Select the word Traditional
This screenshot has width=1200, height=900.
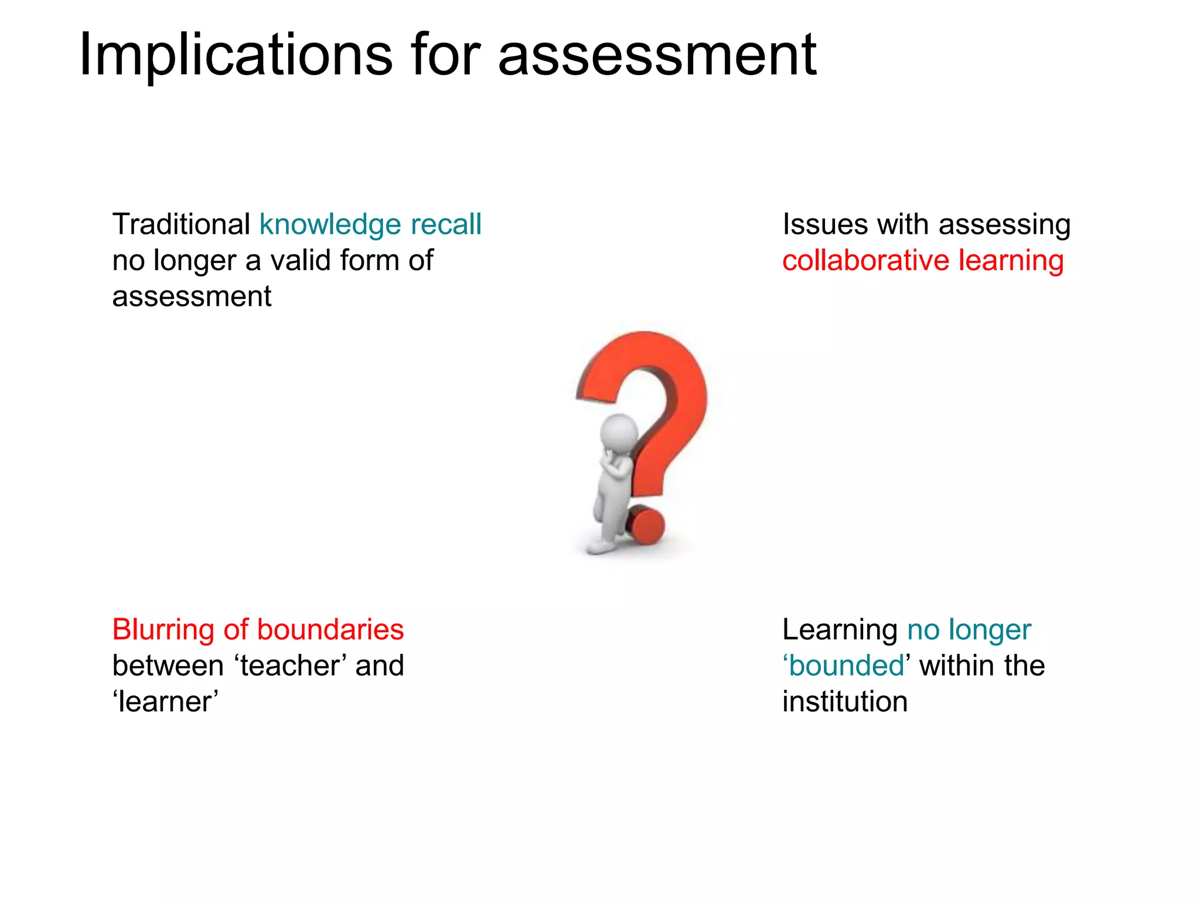click(x=181, y=224)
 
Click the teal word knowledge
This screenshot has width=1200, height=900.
click(x=330, y=225)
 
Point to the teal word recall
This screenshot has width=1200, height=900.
click(x=446, y=224)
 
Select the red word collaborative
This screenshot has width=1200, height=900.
click(x=865, y=260)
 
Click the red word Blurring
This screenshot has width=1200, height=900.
click(x=163, y=630)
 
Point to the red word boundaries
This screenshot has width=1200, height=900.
click(x=330, y=629)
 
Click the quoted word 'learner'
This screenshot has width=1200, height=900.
click(x=165, y=701)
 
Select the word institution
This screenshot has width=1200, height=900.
click(x=845, y=701)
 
